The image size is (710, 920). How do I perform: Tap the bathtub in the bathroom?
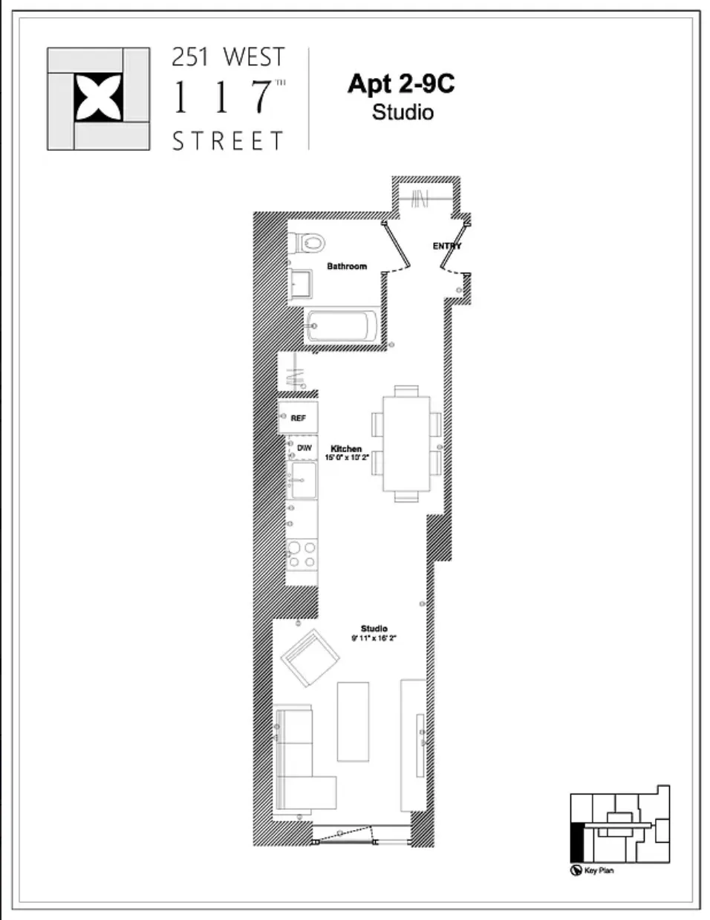(x=342, y=326)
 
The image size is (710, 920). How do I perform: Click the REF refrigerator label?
(x=299, y=418)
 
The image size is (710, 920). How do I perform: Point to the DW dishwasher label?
(x=304, y=448)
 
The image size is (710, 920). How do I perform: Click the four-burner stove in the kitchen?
(x=302, y=554)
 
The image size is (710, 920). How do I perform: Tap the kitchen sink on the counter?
(x=303, y=480)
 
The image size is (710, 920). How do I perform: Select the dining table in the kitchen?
(x=406, y=443)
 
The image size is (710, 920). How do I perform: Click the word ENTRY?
(x=447, y=246)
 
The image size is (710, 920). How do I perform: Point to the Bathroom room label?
(x=347, y=266)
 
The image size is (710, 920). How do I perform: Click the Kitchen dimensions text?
(x=347, y=458)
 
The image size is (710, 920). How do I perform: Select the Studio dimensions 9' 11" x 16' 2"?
(x=374, y=638)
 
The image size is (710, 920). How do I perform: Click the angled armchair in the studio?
(x=310, y=658)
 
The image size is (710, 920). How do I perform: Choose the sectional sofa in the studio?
(x=297, y=762)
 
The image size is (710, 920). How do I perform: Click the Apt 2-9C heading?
(x=401, y=84)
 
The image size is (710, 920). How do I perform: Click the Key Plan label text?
(x=599, y=870)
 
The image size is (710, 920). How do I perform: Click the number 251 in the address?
(x=189, y=58)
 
